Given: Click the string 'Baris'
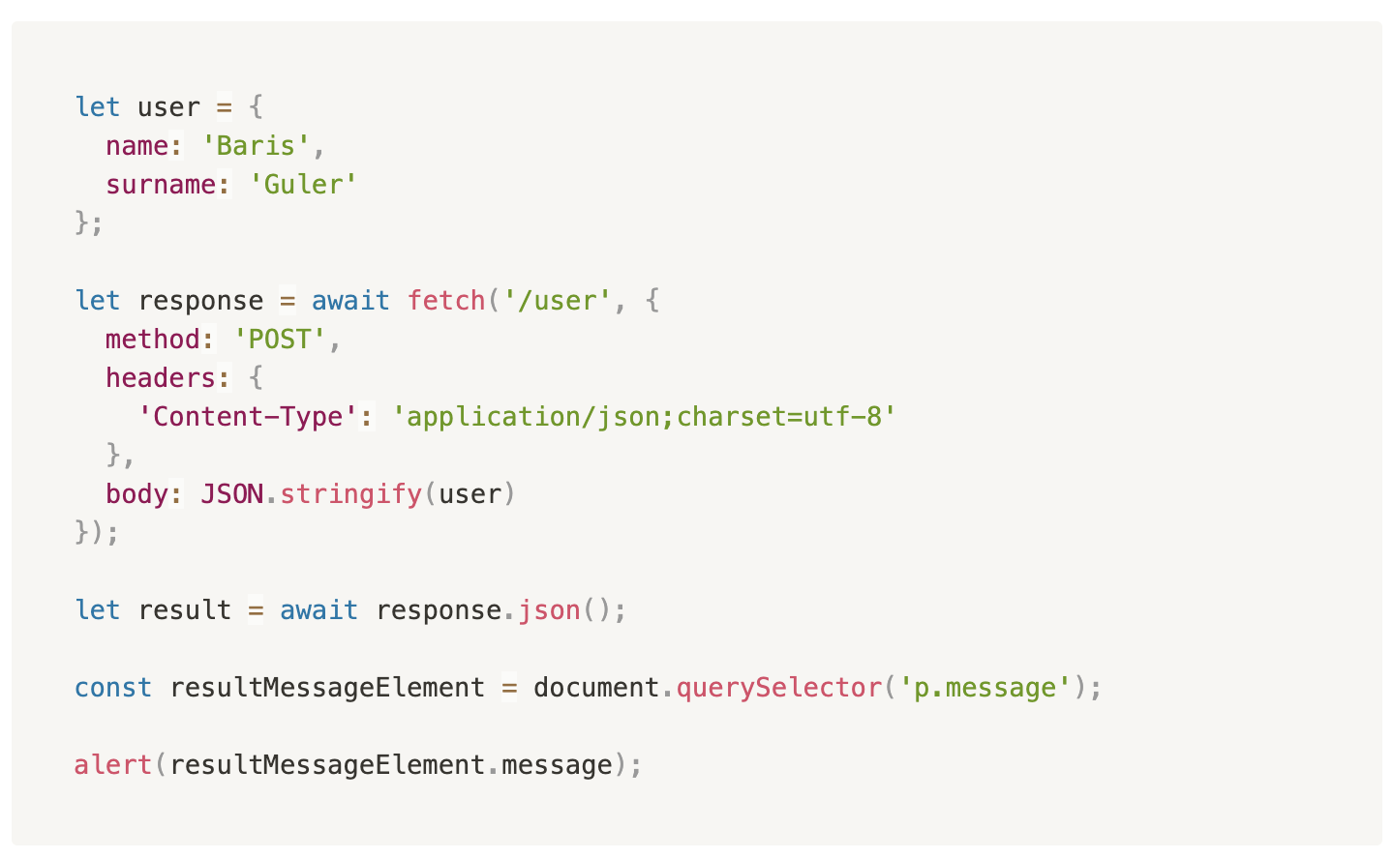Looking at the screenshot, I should pyautogui.click(x=256, y=146).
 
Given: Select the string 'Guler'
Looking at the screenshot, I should pyautogui.click(x=303, y=185).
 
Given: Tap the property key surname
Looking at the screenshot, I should pyautogui.click(x=161, y=185).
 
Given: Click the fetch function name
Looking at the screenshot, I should pyautogui.click(x=446, y=301).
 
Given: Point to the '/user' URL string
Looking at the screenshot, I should pyautogui.click(x=557, y=301).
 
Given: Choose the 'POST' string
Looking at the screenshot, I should pyautogui.click(x=280, y=340).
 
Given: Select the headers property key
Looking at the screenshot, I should pyautogui.click(x=160, y=378).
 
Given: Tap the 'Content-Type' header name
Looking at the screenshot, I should pyautogui.click(x=248, y=417).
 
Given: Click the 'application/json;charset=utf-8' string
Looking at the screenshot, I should pyautogui.click(x=644, y=417).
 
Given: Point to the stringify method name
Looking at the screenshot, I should pyautogui.click(x=350, y=494).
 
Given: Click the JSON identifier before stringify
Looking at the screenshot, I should pyautogui.click(x=231, y=494).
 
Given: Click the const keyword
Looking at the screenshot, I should pyautogui.click(x=113, y=688).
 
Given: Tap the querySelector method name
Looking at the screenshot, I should pyautogui.click(x=778, y=688).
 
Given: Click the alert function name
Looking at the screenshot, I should pyautogui.click(x=113, y=765).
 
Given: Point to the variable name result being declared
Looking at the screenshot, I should pyautogui.click(x=184, y=610).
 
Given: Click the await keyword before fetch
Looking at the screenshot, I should pyautogui.click(x=350, y=301).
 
